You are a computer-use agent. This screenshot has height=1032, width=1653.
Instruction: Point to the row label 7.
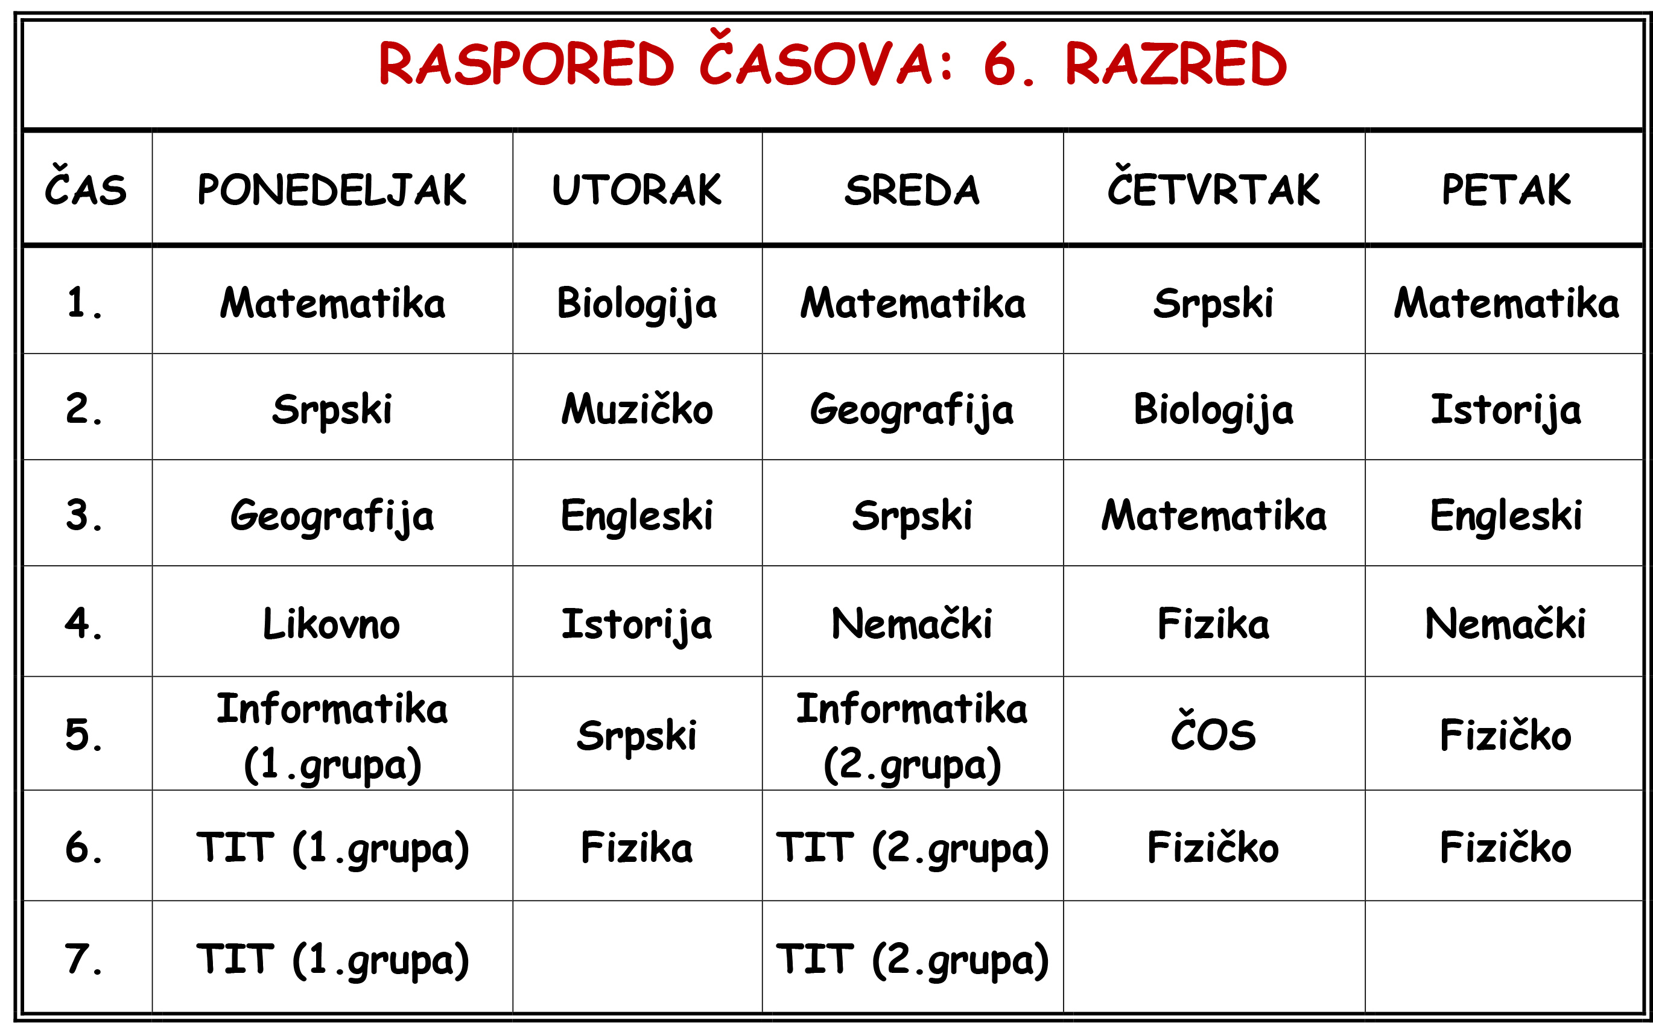(x=84, y=958)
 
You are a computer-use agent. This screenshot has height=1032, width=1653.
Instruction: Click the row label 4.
(x=84, y=623)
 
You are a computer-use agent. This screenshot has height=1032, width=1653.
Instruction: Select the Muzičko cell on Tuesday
(x=636, y=408)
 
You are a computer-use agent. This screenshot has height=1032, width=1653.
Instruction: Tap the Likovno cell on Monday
(x=332, y=623)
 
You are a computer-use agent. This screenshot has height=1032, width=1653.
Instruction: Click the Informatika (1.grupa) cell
(x=332, y=736)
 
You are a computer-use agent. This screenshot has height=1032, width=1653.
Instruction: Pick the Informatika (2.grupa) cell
(x=912, y=736)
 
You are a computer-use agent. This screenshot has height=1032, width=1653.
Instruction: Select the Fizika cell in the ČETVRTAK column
(x=1213, y=623)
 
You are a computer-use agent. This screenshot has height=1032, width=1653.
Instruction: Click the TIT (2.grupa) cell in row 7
(x=912, y=961)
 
